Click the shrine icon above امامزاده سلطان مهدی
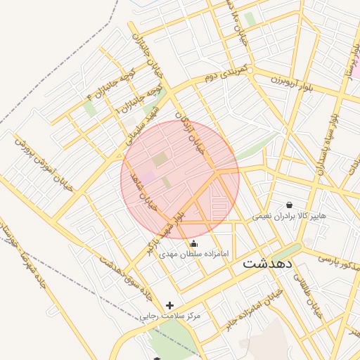click(194, 243)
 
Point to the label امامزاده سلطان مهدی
click(194, 253)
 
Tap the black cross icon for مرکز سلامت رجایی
click(169, 305)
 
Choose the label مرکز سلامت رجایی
click(169, 316)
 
